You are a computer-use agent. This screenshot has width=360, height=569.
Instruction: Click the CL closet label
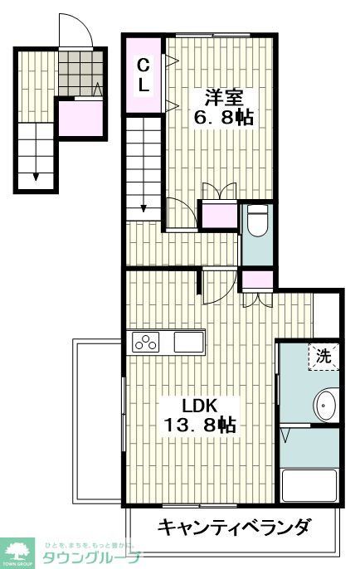click(143, 74)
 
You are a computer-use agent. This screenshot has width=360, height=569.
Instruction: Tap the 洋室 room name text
click(218, 95)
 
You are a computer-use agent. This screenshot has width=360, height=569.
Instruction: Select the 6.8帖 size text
click(222, 117)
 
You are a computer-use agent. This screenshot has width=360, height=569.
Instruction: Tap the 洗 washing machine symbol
click(324, 357)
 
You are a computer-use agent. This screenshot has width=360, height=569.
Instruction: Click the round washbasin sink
click(324, 406)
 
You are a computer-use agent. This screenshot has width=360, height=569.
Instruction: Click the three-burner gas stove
click(147, 342)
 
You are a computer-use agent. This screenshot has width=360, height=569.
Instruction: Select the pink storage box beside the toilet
click(220, 216)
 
